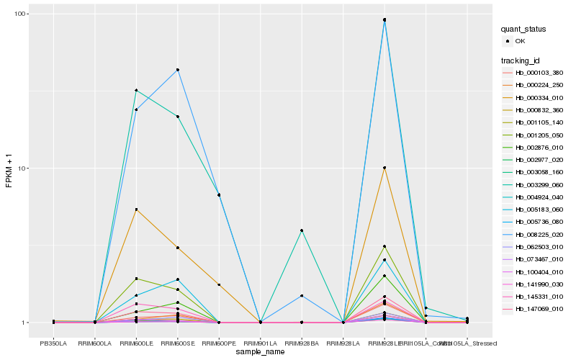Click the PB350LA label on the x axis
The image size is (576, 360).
(x=53, y=343)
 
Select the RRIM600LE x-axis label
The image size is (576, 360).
(x=135, y=343)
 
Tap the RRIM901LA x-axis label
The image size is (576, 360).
(x=260, y=343)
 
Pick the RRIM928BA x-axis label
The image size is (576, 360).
(x=302, y=343)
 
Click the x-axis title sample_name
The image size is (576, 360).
(x=260, y=352)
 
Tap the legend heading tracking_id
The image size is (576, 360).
(x=521, y=60)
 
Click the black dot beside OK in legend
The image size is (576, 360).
(x=508, y=41)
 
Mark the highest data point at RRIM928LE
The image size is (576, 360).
(x=384, y=19)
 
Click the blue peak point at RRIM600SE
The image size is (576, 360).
(x=177, y=70)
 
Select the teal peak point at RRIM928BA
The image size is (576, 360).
(x=302, y=230)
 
